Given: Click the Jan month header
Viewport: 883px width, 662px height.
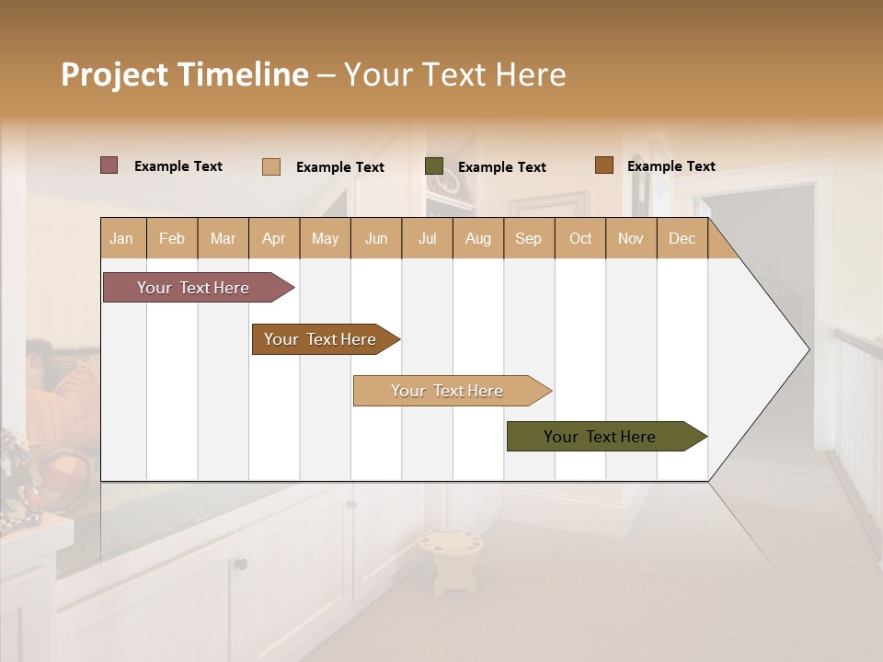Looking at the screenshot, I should (121, 238).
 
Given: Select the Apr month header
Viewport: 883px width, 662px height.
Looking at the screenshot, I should (273, 238).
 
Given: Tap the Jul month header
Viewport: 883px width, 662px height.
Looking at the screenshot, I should (427, 238).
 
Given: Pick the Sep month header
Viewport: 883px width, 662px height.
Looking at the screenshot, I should (528, 238).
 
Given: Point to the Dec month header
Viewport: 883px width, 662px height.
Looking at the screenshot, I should (682, 238).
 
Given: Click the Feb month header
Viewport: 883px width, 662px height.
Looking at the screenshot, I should (172, 238).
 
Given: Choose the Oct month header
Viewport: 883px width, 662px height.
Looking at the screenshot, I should (580, 238).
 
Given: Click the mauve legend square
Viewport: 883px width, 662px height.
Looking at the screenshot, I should (109, 165).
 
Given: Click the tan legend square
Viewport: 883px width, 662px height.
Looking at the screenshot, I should (270, 166).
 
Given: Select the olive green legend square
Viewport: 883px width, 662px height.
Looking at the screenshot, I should (434, 166).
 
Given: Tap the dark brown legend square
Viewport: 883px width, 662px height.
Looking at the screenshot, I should (603, 165).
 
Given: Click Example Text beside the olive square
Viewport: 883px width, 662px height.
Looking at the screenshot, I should (501, 167).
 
